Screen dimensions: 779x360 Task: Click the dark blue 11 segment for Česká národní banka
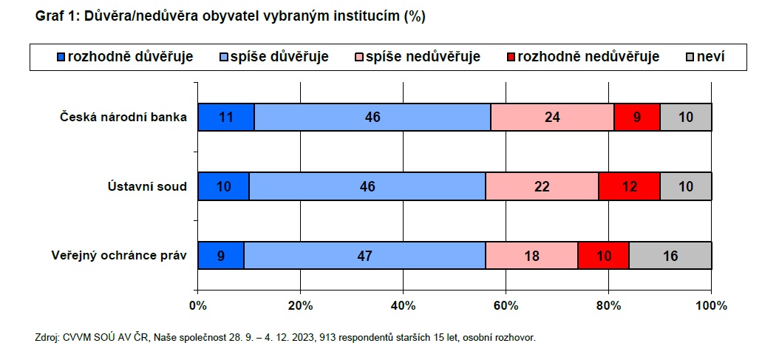click(x=226, y=118)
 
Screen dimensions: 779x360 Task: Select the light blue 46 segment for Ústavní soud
click(x=367, y=186)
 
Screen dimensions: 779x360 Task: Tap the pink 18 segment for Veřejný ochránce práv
click(x=531, y=256)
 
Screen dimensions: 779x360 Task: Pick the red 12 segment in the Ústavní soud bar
click(x=629, y=186)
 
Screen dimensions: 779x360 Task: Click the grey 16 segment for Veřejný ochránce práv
click(x=670, y=256)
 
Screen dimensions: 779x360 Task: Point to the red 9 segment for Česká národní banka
click(x=637, y=118)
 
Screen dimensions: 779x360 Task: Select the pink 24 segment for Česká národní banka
click(x=552, y=118)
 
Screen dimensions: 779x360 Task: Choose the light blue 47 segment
click(x=364, y=256)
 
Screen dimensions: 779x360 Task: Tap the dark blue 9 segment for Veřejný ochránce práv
click(x=221, y=256)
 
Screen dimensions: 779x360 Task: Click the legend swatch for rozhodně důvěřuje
click(x=61, y=57)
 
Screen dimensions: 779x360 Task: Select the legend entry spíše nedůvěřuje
click(x=418, y=57)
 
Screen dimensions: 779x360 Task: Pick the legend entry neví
click(x=706, y=57)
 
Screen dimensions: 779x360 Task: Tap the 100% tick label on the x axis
click(x=712, y=305)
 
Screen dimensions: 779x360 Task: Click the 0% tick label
click(x=198, y=305)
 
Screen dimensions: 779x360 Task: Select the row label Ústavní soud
click(x=147, y=186)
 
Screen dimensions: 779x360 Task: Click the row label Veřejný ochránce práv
click(x=119, y=256)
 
